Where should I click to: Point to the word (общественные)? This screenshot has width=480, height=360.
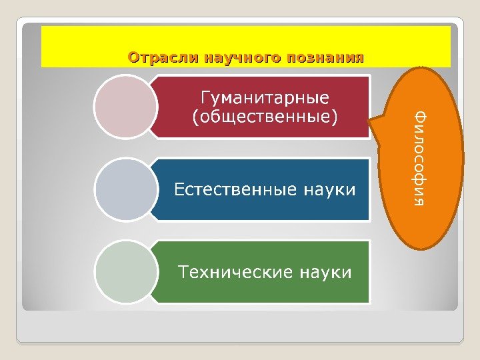265,118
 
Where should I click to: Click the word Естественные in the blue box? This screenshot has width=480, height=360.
235,189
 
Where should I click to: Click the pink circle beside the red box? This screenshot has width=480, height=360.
124,107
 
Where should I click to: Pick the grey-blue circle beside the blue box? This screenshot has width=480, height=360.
124,189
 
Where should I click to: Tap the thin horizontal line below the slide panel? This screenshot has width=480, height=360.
240,343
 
